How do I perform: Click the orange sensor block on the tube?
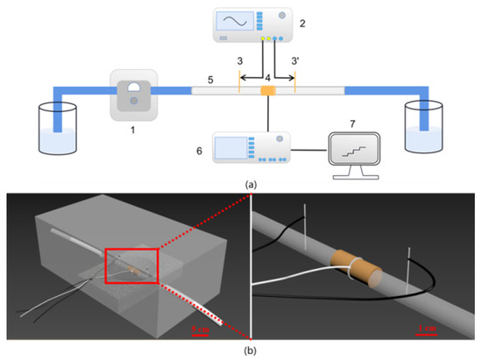(x=267, y=91)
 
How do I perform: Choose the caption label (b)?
(x=241, y=351)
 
